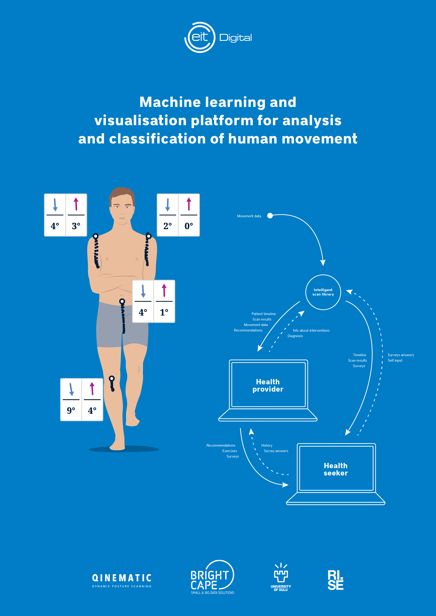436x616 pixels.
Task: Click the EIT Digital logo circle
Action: (x=200, y=37)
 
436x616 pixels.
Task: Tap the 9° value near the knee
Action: (x=71, y=410)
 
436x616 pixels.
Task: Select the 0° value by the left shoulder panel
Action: (x=189, y=226)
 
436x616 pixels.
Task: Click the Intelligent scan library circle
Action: (x=323, y=292)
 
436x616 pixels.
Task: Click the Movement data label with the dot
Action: (x=249, y=216)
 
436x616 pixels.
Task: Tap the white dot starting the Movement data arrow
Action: (x=270, y=216)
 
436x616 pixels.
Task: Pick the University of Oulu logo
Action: (x=281, y=577)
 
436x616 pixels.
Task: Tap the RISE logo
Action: (x=335, y=580)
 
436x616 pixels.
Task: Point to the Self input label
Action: (x=395, y=360)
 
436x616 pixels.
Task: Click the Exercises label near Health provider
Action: (x=230, y=451)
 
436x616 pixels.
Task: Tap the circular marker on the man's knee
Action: (x=112, y=379)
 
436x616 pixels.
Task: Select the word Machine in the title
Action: (x=170, y=102)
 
